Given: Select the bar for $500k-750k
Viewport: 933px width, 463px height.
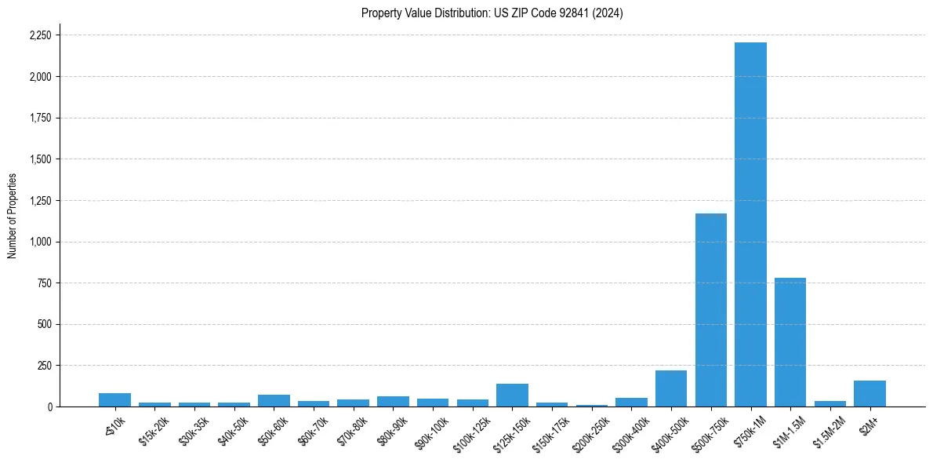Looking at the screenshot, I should (710, 310).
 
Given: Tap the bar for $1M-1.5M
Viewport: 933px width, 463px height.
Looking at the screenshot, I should (790, 342).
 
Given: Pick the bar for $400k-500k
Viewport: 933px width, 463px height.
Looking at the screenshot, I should (670, 388).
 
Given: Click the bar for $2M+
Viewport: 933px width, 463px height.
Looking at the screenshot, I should (869, 394).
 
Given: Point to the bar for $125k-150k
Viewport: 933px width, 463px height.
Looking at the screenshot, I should (512, 396).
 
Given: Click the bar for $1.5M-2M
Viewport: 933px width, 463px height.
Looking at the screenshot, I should (830, 403).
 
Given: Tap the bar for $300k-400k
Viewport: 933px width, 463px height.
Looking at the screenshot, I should (631, 402).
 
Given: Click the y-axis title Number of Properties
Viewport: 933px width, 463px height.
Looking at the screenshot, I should (12, 216).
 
